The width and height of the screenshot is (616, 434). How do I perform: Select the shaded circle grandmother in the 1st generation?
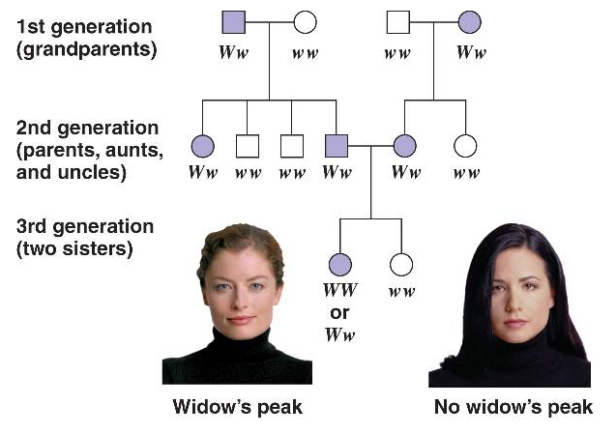pos(470,21)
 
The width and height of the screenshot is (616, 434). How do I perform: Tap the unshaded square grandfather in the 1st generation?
pos(396,21)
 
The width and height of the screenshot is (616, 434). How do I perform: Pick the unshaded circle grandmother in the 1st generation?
pos(305,21)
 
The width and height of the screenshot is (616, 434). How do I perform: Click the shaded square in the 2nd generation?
pos(336,147)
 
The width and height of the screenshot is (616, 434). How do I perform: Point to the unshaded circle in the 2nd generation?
pos(466,147)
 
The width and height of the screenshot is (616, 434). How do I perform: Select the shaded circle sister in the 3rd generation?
pos(339,264)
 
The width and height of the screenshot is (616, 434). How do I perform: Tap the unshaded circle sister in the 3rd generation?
pos(400,264)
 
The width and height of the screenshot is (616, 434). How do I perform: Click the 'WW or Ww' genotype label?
pos(339,312)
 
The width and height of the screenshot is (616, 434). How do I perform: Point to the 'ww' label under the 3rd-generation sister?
pos(400,290)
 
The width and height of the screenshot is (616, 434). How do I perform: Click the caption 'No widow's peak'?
pos(512,407)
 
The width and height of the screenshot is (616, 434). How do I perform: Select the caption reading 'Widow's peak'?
pos(237,407)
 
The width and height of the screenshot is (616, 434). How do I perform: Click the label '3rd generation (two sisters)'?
pos(85,237)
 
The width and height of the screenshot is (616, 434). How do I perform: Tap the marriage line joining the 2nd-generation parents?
pos(370,147)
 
